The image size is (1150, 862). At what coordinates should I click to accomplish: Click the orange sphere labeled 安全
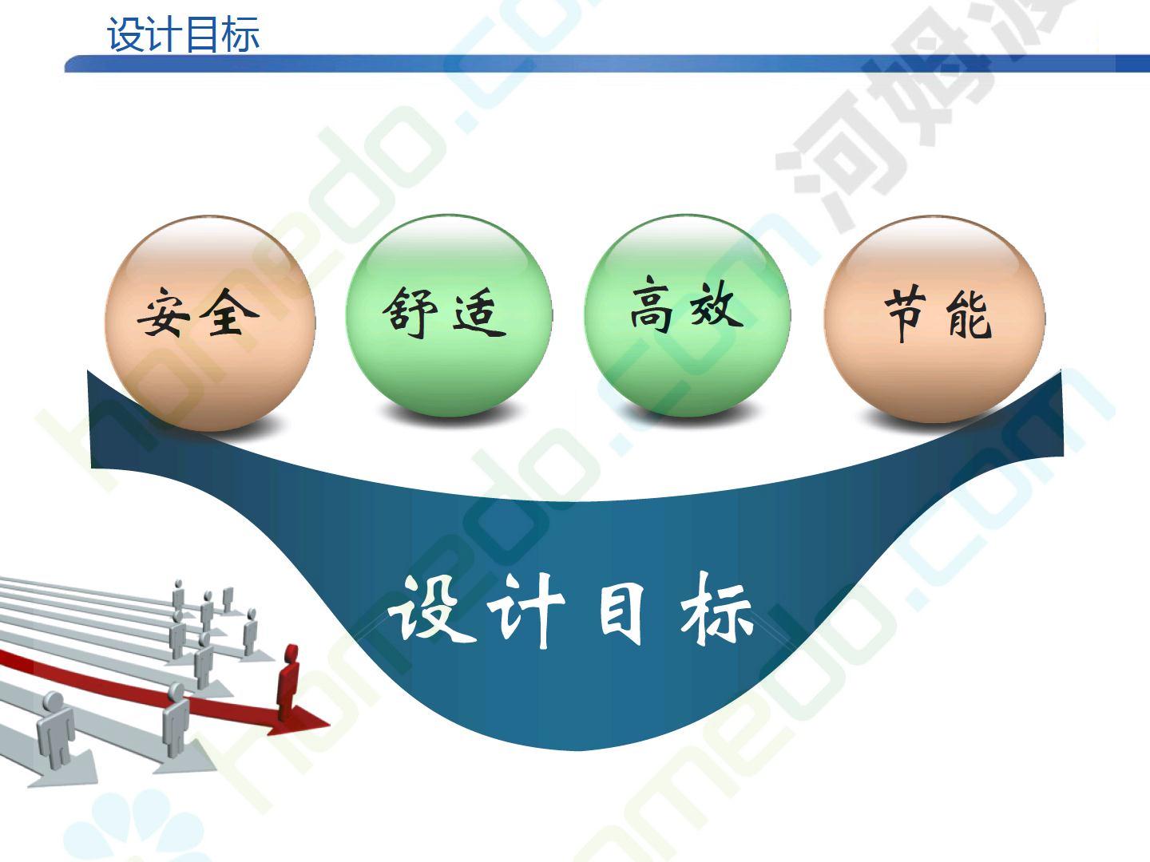coord(209,323)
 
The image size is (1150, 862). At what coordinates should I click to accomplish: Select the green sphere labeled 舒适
coord(449,316)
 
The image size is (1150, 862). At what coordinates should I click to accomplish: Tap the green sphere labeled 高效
coord(687,316)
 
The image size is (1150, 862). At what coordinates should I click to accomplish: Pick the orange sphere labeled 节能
coord(934,319)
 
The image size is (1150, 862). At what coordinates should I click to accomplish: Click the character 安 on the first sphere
coord(164,312)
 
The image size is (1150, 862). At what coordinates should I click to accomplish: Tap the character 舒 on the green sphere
coord(410,312)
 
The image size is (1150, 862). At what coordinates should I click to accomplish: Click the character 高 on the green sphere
coord(651,305)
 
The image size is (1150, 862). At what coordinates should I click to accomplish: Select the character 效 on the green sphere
coord(716,305)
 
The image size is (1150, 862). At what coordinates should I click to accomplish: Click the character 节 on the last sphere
coord(905,313)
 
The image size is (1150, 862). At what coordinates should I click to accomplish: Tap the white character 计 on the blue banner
coord(525,610)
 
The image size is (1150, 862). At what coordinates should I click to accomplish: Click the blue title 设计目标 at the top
coord(184,34)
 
